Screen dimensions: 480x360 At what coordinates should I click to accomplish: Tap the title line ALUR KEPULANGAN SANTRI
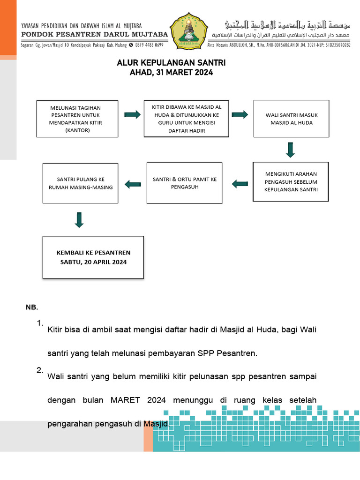[171, 63]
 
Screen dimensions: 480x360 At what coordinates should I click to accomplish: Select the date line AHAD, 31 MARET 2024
[171, 72]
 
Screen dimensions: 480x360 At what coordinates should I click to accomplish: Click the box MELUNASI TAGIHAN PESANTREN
[77, 119]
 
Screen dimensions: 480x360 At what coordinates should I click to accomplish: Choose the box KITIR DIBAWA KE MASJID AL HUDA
[187, 119]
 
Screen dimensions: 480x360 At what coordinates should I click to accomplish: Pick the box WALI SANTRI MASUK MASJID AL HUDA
[291, 119]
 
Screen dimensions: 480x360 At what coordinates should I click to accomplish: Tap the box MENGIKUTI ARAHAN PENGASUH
[291, 181]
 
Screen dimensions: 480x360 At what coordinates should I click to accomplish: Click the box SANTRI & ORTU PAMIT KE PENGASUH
[184, 183]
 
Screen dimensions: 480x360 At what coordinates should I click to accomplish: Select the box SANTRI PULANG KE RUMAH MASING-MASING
[80, 183]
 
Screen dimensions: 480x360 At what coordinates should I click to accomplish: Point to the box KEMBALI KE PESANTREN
[93, 257]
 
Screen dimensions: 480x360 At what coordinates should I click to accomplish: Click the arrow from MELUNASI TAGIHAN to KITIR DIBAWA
[132, 115]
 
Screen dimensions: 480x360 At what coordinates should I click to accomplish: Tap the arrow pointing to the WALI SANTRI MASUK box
[240, 115]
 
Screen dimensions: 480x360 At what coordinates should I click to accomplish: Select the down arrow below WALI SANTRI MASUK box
[290, 149]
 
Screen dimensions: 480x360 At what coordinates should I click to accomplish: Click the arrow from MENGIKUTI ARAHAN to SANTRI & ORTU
[240, 184]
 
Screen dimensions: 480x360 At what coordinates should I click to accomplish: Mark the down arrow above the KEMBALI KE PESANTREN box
[79, 220]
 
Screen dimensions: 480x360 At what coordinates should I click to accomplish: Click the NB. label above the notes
[31, 307]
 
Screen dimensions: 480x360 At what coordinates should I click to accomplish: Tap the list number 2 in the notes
[40, 370]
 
